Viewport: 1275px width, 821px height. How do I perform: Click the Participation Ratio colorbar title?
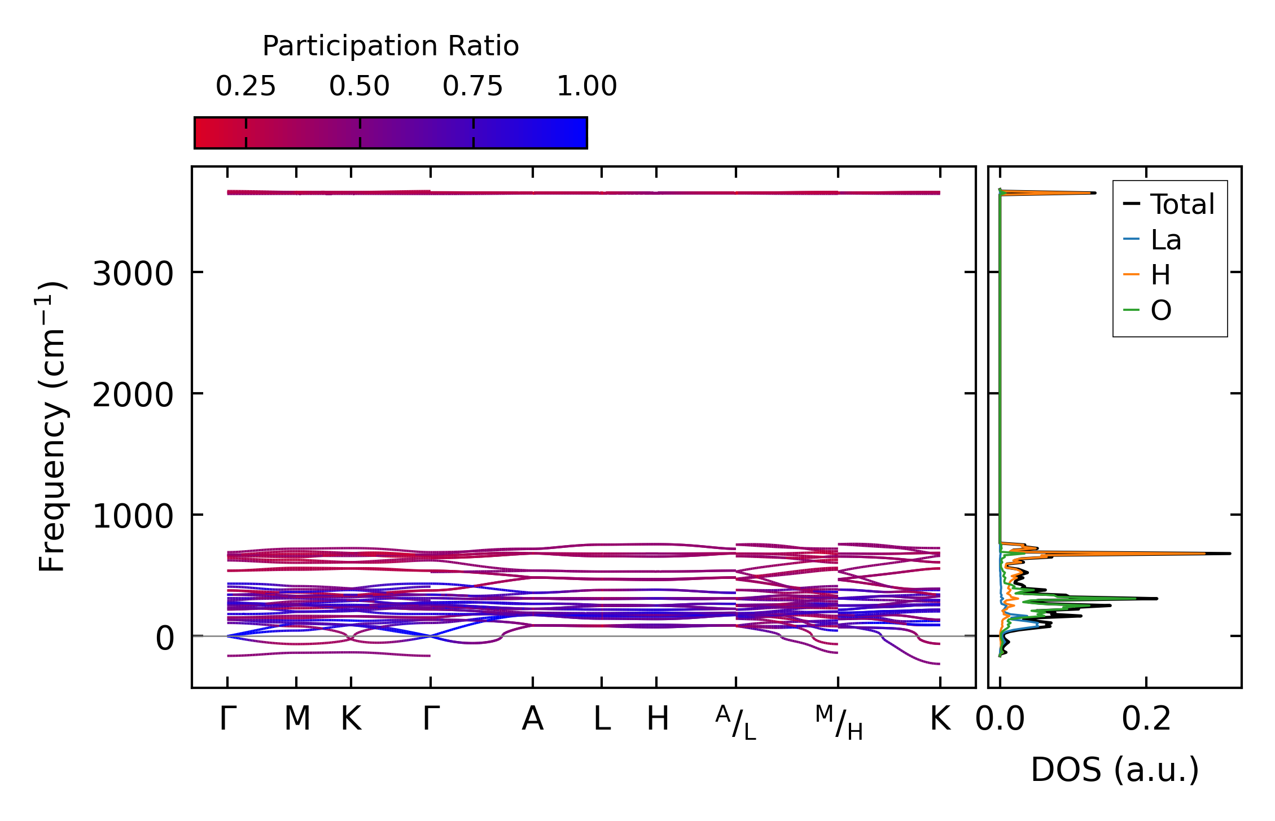391,46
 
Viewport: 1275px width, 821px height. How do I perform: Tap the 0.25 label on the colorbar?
246,86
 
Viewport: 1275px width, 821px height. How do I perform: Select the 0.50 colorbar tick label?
360,86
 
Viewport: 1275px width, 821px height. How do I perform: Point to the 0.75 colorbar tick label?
472,86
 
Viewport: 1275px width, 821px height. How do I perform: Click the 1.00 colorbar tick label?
586,86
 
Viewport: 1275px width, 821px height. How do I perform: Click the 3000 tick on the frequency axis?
132,275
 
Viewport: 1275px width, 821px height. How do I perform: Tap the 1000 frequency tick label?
132,516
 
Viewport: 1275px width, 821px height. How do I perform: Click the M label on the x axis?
297,719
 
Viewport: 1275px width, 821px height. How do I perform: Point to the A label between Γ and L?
532,719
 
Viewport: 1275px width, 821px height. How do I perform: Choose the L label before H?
602,719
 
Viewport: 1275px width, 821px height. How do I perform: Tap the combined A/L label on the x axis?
735,722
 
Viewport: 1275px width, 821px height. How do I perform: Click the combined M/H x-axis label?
839,722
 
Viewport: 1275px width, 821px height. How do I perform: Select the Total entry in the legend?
1182,204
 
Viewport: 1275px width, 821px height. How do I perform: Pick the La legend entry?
1166,240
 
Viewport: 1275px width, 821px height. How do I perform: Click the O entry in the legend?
1161,310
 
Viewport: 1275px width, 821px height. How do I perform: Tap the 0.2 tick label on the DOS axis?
1146,719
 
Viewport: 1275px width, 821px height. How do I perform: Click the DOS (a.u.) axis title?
1115,770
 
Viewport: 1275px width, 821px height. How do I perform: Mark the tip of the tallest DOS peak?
1229,554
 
